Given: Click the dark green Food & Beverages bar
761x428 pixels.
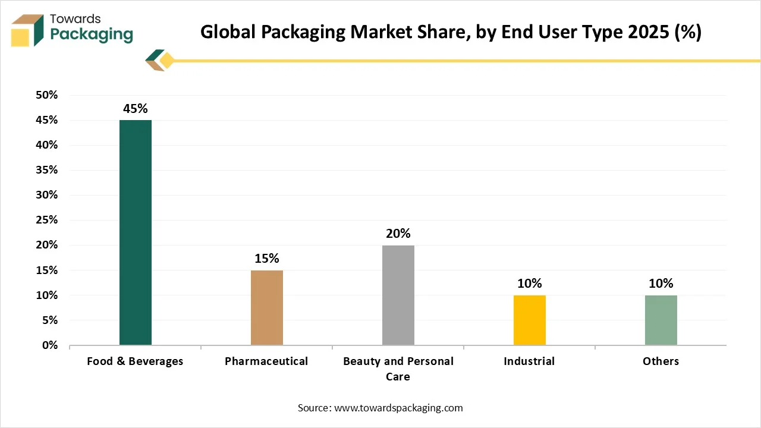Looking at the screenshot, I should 136,232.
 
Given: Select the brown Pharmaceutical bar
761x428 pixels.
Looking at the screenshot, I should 267,307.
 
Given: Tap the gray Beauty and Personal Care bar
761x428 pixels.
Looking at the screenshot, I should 398,295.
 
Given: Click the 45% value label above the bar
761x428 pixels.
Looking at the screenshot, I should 136,109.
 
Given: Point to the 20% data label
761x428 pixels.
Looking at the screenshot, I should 398,234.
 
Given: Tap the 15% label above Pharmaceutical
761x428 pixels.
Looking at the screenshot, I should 267,259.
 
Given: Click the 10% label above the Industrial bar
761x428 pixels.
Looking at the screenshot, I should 530,284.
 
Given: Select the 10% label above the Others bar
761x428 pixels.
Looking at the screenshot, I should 661,284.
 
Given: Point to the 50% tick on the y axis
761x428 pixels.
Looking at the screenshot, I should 46,95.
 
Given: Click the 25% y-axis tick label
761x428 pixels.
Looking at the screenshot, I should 46,220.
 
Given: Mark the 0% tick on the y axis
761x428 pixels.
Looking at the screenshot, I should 49,345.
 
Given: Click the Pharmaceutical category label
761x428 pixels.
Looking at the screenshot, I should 266,361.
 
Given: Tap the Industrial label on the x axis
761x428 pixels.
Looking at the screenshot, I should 529,361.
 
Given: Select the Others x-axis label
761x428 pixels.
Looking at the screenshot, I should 661,361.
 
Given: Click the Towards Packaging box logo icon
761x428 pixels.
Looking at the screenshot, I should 29,31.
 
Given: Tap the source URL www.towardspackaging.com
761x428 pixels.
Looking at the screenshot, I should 398,408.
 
